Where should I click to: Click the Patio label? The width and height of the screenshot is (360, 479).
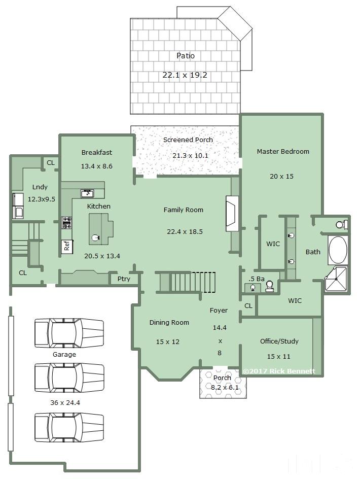[186, 56]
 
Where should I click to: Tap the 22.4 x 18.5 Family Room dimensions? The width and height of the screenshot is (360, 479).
[185, 231]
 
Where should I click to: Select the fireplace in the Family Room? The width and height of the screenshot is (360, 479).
[232, 214]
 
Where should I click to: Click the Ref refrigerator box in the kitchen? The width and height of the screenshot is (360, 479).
[67, 246]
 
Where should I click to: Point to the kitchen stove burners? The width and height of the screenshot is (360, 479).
[67, 222]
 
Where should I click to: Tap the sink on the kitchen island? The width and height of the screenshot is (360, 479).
[95, 237]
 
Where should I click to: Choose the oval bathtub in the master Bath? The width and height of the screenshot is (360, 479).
[338, 250]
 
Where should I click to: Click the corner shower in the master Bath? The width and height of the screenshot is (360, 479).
[336, 279]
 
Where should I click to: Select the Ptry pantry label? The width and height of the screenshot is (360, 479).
[124, 279]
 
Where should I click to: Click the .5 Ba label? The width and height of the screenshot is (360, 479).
[256, 279]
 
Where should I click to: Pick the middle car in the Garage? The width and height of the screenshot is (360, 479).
[69, 378]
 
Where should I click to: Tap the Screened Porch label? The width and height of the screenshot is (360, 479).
[188, 140]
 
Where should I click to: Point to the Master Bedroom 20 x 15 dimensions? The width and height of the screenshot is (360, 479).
[281, 176]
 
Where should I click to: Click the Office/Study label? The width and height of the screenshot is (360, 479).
[279, 341]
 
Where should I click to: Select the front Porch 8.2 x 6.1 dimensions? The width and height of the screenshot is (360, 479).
[225, 387]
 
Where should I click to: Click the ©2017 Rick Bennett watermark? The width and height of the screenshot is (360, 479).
[279, 371]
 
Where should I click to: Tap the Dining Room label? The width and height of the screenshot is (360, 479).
[169, 323]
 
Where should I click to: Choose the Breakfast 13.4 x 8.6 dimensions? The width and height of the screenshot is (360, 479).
[96, 166]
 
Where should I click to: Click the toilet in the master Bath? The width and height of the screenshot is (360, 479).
[341, 225]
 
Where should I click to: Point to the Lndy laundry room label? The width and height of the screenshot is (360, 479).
[40, 187]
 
